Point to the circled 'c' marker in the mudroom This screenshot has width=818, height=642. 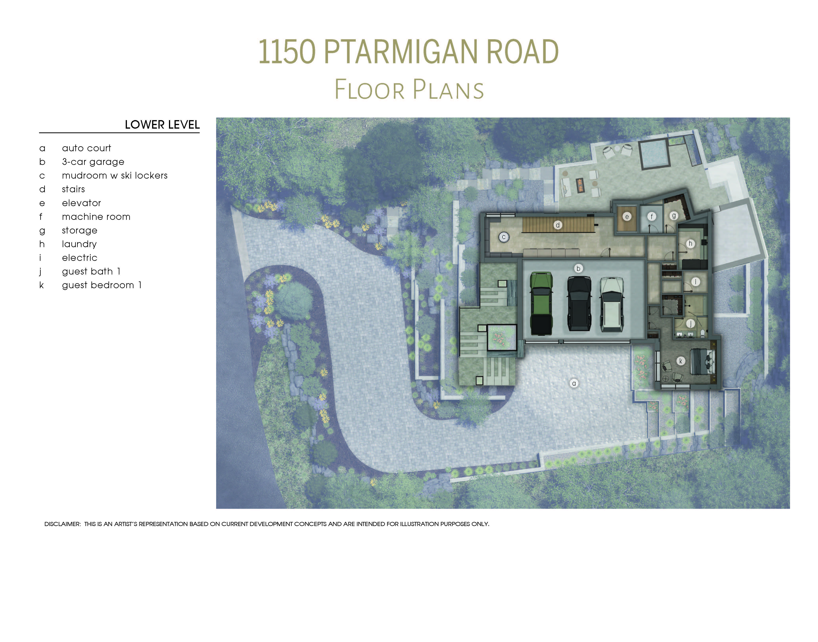coord(503,237)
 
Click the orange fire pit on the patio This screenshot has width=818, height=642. coord(580,184)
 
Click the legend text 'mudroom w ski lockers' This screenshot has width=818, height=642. coord(114,176)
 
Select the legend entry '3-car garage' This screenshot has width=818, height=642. coord(93,162)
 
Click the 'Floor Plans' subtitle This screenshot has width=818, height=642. coord(409,89)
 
